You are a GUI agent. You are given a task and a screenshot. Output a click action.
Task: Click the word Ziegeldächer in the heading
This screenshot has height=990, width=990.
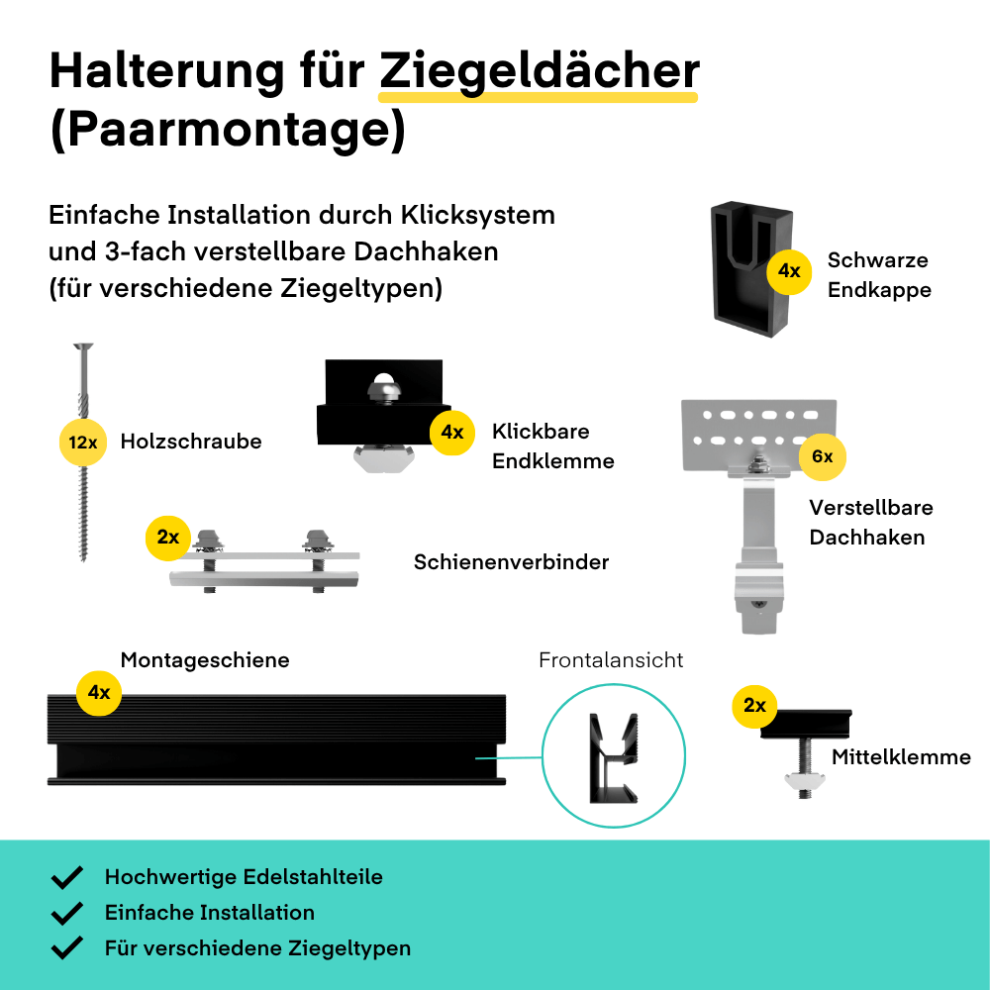[x=540, y=72]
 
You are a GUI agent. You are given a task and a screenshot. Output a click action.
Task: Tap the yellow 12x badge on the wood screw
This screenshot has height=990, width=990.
[x=83, y=442]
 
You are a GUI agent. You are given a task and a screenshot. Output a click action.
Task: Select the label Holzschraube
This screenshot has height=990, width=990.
[x=191, y=442]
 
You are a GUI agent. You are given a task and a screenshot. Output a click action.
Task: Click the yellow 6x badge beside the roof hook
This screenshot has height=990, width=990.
[x=822, y=456]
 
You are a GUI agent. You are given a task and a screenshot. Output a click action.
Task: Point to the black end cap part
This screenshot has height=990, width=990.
[x=751, y=269]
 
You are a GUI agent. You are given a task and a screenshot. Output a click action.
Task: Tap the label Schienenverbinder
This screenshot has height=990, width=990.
[x=512, y=562]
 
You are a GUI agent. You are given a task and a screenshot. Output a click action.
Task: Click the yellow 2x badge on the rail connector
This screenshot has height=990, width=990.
[x=168, y=538]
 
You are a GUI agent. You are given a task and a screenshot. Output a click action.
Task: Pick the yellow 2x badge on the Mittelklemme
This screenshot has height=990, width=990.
[x=754, y=706]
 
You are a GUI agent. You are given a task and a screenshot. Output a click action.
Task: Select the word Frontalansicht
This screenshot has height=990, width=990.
[x=611, y=660]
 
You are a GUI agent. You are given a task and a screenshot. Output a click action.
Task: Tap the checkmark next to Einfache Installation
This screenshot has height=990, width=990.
[x=67, y=913]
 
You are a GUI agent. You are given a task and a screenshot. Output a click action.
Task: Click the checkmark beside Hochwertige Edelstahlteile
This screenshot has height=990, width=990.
[x=67, y=877]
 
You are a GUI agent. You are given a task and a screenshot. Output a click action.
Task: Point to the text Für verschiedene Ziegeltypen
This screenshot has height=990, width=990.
[x=257, y=948]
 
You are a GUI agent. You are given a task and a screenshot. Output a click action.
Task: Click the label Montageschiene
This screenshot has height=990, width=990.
[x=205, y=660]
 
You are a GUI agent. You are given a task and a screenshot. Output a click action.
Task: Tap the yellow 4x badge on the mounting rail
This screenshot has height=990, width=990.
[x=98, y=693]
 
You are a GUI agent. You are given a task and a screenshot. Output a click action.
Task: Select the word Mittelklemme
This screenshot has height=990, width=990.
[x=901, y=757]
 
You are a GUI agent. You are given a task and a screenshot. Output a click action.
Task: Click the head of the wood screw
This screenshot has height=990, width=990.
[x=83, y=346]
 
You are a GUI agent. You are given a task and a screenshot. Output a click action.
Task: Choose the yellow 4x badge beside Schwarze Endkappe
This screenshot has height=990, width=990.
[x=789, y=271]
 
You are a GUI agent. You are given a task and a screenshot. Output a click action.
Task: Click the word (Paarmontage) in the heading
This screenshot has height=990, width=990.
[x=228, y=130]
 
